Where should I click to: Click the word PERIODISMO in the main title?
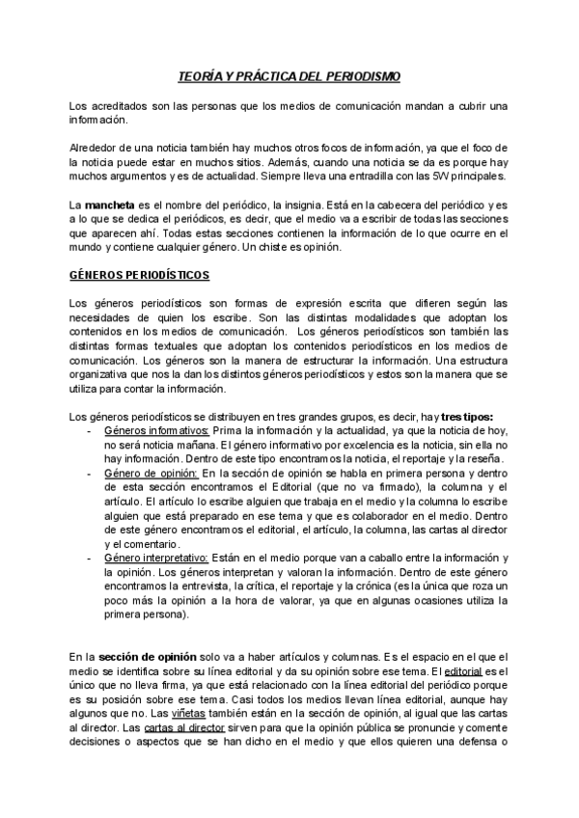(362, 75)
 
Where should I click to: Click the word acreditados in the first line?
(120, 104)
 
